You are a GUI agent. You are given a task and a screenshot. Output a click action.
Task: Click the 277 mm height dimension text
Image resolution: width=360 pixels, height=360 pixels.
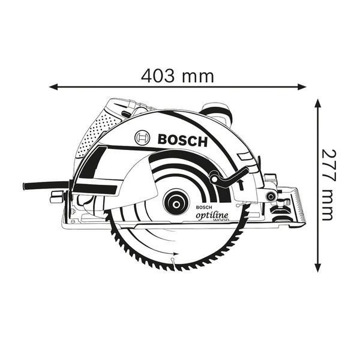tap(328, 184)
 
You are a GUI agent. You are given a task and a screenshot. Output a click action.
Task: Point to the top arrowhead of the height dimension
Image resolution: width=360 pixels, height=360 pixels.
tap(317, 104)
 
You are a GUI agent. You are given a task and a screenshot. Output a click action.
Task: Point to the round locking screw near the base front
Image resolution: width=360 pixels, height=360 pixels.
tap(271, 196)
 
